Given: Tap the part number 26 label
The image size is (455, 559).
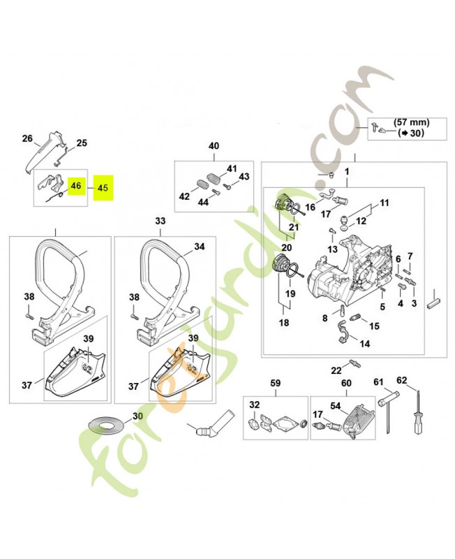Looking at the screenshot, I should tap(27, 138).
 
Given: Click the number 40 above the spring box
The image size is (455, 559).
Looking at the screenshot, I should tap(214, 146).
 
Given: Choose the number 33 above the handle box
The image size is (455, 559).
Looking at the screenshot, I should tap(161, 221).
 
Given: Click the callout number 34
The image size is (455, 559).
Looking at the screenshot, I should tap(199, 247).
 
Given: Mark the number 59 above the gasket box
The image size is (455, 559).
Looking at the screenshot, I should tap(275, 383).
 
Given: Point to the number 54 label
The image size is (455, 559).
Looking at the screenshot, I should tap(334, 406).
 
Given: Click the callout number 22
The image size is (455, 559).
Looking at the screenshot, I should tap(336, 370).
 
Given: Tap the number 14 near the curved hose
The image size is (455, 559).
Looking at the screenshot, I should tap(365, 344).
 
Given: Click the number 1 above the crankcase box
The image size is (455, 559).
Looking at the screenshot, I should tap(346, 171).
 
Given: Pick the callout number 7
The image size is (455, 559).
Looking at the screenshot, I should tap(410, 256).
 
